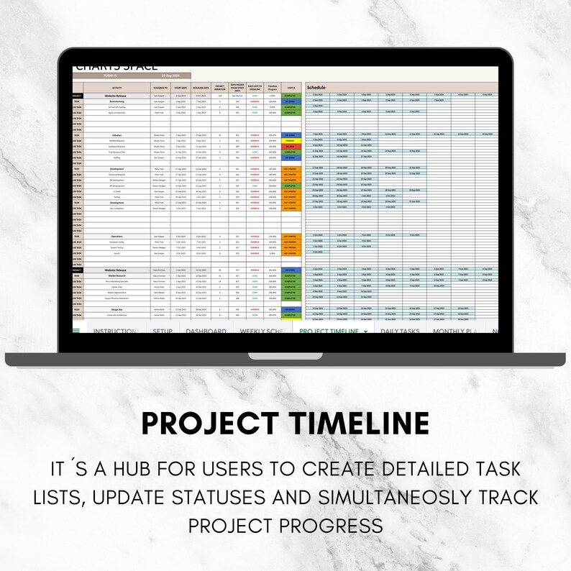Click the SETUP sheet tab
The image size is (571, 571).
click(x=168, y=332)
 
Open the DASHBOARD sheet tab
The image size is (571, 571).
click(x=206, y=332)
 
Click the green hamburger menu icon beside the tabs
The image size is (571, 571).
click(x=76, y=331)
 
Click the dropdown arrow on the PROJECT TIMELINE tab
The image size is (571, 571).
click(x=365, y=332)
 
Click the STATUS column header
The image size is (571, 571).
click(x=291, y=87)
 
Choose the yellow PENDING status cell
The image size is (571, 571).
click(x=291, y=140)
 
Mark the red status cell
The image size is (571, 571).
click(x=291, y=145)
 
